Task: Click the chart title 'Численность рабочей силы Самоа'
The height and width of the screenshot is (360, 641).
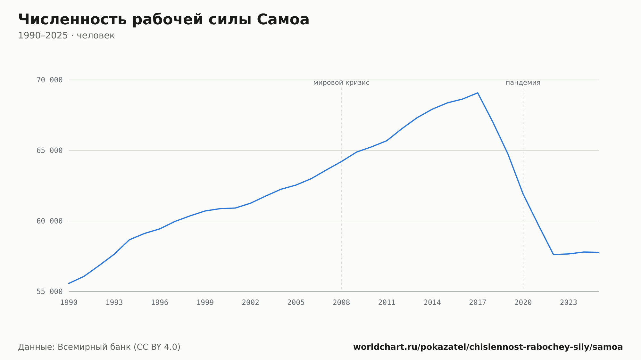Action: click(164, 20)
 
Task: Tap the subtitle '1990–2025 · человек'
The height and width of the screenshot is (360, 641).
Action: click(66, 36)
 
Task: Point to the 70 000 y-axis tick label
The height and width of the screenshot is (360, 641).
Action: click(49, 80)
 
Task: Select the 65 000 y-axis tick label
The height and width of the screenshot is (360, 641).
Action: click(49, 151)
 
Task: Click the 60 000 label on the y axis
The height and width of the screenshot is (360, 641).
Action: click(49, 221)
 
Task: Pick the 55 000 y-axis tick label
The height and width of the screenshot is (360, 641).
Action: click(49, 291)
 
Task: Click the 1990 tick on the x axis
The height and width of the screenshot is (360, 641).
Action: click(69, 303)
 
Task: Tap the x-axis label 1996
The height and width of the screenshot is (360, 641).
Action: click(160, 303)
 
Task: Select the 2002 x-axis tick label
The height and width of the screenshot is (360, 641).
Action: click(251, 303)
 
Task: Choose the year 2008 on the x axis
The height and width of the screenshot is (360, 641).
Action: click(341, 303)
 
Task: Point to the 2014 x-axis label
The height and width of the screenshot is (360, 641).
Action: click(432, 303)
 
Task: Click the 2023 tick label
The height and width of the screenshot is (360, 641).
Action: click(569, 303)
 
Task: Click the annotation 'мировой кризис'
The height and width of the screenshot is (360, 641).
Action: click(341, 83)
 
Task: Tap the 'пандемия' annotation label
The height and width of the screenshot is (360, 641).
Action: click(523, 83)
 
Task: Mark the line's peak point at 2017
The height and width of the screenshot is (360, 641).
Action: click(478, 93)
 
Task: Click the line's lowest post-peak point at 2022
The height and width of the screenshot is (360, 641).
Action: click(554, 254)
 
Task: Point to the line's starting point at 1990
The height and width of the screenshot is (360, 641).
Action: click(69, 283)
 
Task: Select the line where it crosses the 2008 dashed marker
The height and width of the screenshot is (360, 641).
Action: click(341, 161)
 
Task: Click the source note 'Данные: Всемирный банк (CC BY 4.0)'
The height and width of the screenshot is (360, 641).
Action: click(99, 347)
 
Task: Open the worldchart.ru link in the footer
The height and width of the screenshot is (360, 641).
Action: click(488, 347)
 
